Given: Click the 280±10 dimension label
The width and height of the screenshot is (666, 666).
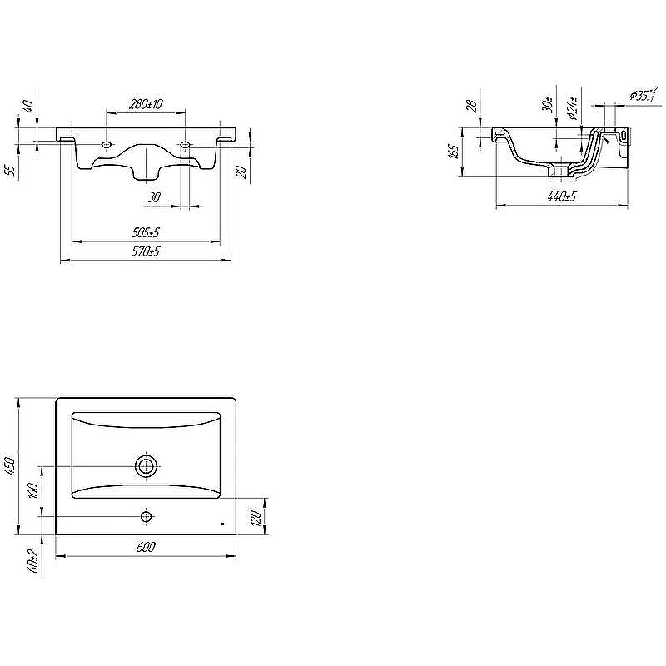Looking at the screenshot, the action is pyautogui.click(x=146, y=103).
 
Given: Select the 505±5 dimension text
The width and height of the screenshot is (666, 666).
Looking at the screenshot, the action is pyautogui.click(x=146, y=233).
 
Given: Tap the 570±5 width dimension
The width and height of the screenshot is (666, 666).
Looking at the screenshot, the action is pyautogui.click(x=146, y=251).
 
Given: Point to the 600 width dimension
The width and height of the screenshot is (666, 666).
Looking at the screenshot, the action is pyautogui.click(x=146, y=547).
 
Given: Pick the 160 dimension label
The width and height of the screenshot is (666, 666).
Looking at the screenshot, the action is pyautogui.click(x=33, y=490).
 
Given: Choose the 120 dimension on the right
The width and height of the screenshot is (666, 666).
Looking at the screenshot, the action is pyautogui.click(x=256, y=518).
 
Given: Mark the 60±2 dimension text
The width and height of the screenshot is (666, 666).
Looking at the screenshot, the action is pyautogui.click(x=33, y=561).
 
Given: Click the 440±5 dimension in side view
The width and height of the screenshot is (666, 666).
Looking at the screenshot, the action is pyautogui.click(x=561, y=196).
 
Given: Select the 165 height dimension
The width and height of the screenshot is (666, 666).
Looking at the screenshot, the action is pyautogui.click(x=454, y=152).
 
